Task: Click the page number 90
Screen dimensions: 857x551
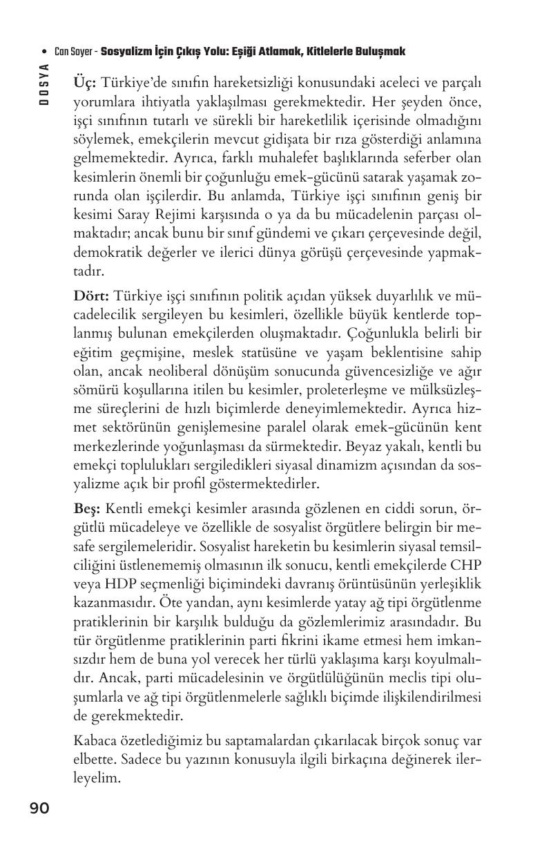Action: (x=39, y=807)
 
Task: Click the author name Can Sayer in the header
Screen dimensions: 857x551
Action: (x=75, y=52)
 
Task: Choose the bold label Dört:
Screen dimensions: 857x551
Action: (x=91, y=296)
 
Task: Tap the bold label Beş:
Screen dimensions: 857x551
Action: (x=88, y=509)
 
